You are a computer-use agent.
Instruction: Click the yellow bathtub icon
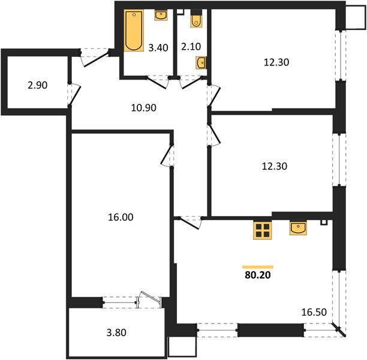tap(132, 31)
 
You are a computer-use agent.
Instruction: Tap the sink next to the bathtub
tap(161, 16)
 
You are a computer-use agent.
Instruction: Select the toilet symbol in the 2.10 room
tap(196, 20)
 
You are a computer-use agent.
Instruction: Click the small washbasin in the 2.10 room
tap(201, 62)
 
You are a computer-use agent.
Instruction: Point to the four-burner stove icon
tap(262, 231)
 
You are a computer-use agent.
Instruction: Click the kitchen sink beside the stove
tap(298, 229)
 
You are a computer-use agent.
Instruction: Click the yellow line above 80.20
tap(258, 266)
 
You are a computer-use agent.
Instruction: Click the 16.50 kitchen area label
tap(313, 313)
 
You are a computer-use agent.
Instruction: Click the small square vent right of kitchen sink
tap(324, 223)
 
